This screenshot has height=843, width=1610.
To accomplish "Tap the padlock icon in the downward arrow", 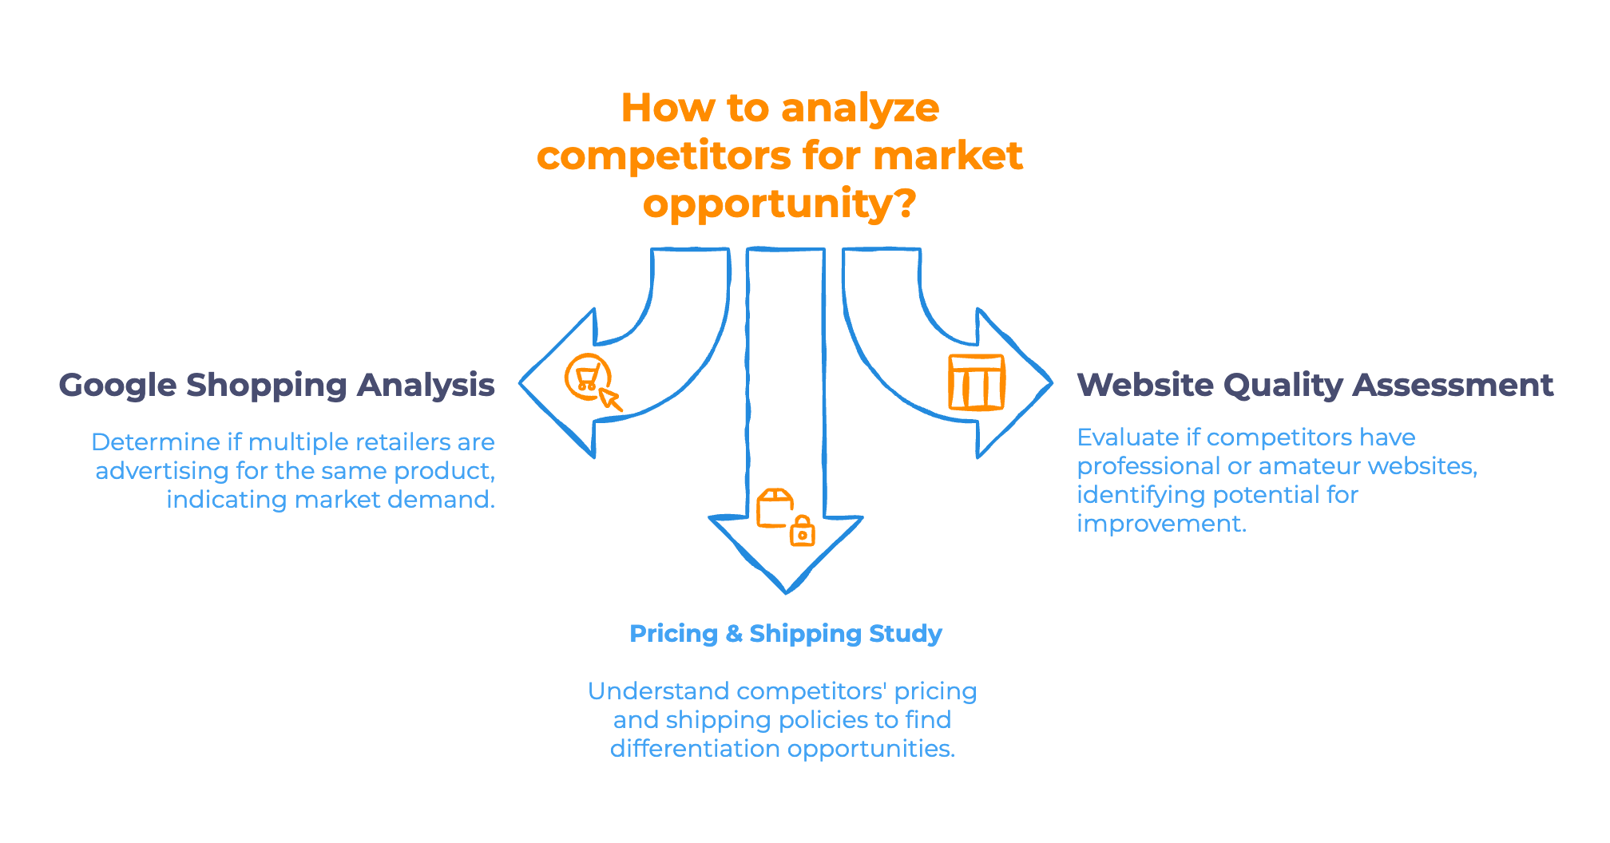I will tap(802, 532).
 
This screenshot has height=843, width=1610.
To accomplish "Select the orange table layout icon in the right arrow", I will tap(976, 382).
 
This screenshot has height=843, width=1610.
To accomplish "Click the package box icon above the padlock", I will tap(775, 509).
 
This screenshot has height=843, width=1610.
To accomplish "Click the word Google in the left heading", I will tap(117, 386).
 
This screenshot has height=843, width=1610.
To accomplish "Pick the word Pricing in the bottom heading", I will tap(673, 634).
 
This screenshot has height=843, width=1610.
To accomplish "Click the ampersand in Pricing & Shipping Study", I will tap(734, 634).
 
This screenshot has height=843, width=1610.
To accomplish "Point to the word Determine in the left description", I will tap(156, 442).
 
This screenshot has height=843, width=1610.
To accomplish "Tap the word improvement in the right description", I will tap(1160, 524).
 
